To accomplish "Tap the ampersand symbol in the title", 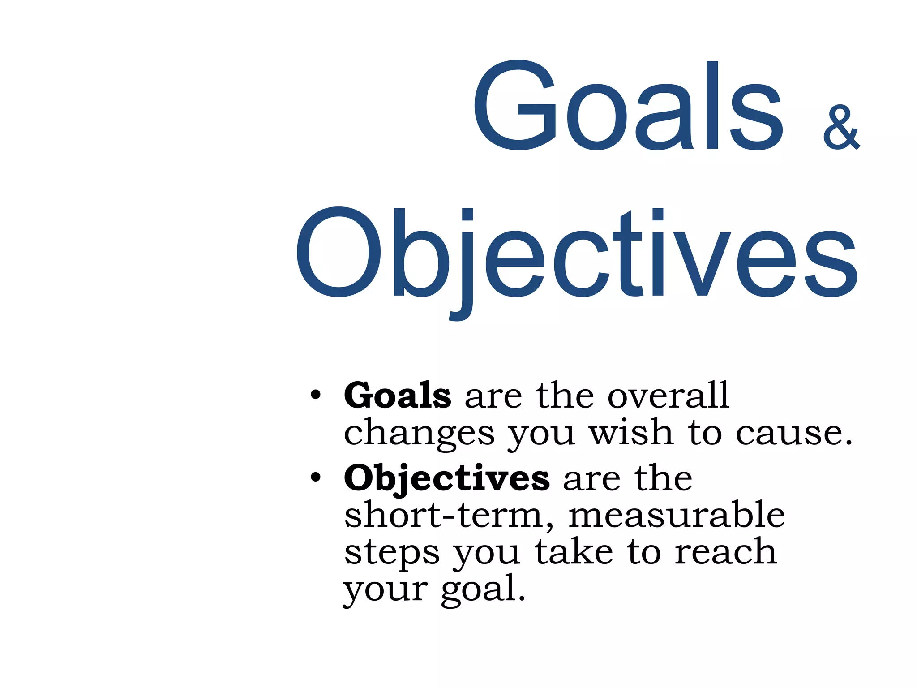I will tap(841, 128).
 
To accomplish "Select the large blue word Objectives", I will tap(576, 253).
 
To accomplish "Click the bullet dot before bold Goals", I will tap(316, 395).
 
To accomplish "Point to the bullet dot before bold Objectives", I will tap(316, 477).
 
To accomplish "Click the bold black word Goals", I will tap(397, 395).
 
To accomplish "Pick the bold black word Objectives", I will tap(446, 478).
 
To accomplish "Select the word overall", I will tap(668, 395).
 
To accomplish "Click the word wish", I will tap(631, 432).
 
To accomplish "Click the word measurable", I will tap(676, 515).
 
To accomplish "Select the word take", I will tap(574, 552).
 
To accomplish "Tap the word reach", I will tap(725, 552).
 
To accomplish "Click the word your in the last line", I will tap(386, 590).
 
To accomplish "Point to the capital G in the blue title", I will tap(515, 105).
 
